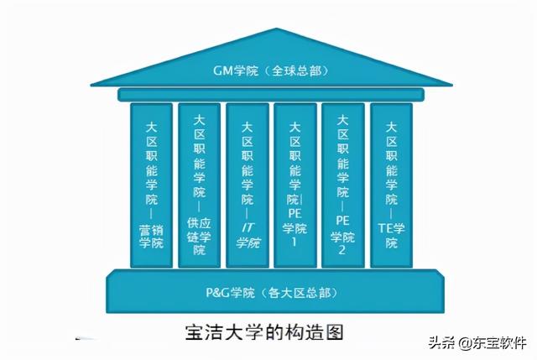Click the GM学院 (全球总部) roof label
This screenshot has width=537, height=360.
[x=268, y=71]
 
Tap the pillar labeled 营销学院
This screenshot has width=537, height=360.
[x=151, y=185]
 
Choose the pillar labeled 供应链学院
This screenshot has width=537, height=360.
[x=199, y=185]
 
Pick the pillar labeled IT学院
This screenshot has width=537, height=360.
[x=247, y=185]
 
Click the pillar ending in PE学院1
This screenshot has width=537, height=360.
[x=295, y=185]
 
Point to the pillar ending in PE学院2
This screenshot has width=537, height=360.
[x=342, y=185]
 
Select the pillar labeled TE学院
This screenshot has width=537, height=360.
[x=391, y=185]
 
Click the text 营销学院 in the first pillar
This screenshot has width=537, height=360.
[x=151, y=236]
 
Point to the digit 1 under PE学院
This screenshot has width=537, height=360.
[x=295, y=243]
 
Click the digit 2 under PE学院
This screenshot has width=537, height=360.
[x=342, y=251]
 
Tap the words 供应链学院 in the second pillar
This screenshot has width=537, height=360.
[x=199, y=236]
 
